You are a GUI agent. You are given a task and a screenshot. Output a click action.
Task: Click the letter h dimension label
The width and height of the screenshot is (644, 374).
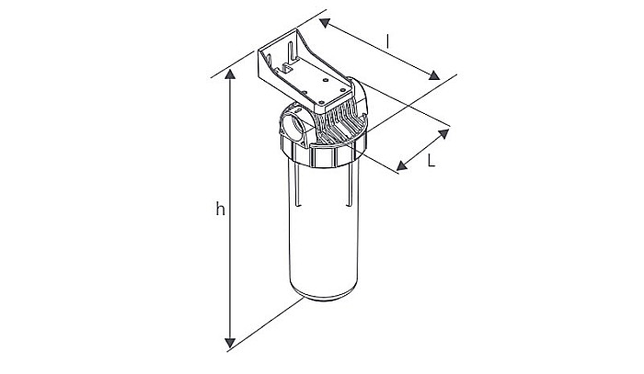coord(220,210)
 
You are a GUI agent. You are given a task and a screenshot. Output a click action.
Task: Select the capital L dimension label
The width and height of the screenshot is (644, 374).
coord(431,159)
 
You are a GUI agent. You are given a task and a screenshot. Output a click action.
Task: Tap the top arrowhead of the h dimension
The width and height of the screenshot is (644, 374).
coord(229,75)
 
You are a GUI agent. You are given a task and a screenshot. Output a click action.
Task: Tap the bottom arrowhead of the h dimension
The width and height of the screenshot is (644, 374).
coord(229,345)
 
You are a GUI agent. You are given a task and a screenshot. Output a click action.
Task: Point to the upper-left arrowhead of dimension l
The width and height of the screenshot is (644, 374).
coord(324,22)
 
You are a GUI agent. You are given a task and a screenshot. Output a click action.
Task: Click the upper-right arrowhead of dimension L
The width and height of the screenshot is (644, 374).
coord(444,134)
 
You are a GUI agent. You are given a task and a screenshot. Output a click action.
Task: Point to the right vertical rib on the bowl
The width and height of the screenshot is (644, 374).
coord(347,191)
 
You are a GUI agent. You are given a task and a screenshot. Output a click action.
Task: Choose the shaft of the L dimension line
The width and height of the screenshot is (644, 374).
coord(422,151)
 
